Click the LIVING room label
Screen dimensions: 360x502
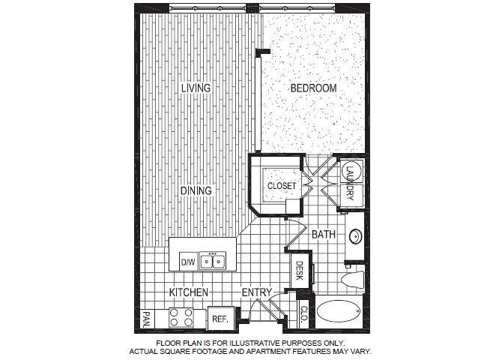tap(196, 88)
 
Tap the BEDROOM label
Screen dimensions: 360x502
tap(314, 88)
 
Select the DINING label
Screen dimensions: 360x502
tap(196, 190)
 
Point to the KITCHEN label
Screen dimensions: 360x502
tap(188, 292)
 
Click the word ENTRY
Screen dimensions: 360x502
tap(257, 292)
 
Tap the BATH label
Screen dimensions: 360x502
tap(324, 235)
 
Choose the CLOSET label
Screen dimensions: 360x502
tap(282, 184)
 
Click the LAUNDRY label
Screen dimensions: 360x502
tap(350, 184)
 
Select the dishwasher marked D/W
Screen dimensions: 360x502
tap(187, 262)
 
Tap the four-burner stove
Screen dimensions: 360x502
tap(182, 317)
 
